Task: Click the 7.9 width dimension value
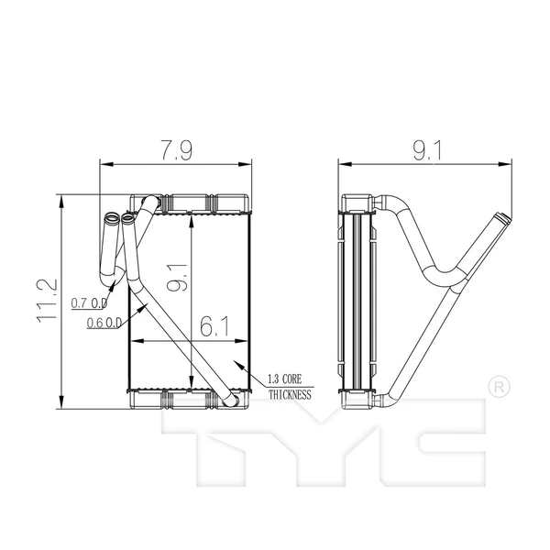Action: tap(173, 150)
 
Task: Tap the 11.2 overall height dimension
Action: tap(48, 301)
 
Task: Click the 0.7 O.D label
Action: tap(90, 302)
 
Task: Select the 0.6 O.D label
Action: tap(105, 323)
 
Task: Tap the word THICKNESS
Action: tap(290, 395)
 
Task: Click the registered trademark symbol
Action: tap(496, 387)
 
